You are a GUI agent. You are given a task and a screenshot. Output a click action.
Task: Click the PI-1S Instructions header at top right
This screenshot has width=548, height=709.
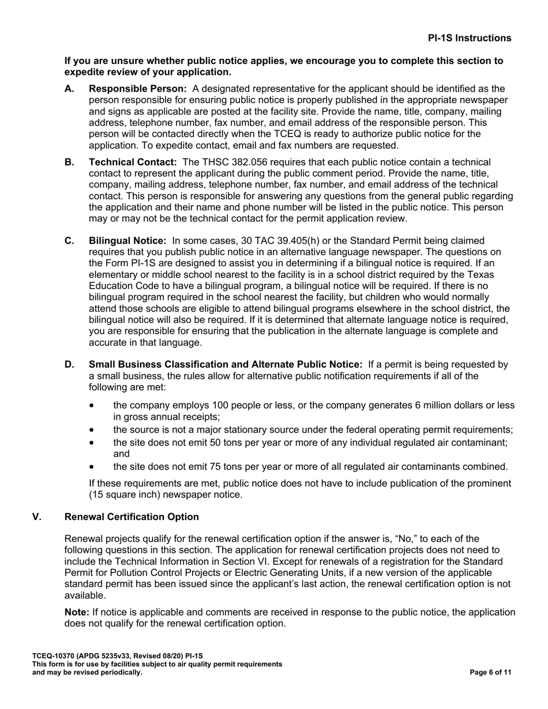pos(469,38)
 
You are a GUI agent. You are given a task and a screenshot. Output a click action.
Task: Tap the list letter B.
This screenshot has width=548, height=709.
pos(69,163)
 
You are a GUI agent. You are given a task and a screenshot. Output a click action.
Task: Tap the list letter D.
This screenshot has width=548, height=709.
pos(69,365)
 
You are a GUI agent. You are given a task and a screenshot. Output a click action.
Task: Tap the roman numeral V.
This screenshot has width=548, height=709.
pos(36,517)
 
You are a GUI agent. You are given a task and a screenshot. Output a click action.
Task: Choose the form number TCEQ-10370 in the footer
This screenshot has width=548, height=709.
pos(52,656)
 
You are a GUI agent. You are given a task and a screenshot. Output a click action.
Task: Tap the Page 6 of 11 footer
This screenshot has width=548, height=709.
pos(490,672)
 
